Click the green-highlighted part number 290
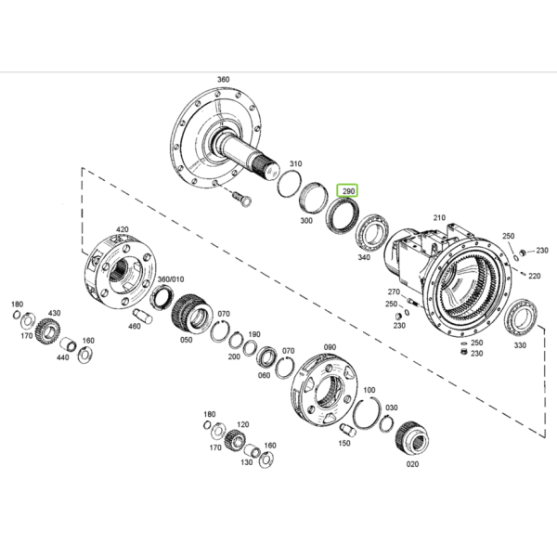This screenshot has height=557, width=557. [348, 191]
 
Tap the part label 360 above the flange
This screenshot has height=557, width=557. [223, 79]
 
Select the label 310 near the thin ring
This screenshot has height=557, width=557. [295, 163]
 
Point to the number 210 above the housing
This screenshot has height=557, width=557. [439, 217]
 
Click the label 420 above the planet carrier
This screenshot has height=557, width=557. [123, 229]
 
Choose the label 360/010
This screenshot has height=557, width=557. [171, 279]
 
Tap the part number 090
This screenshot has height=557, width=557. [330, 347]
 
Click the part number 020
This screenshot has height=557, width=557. [412, 464]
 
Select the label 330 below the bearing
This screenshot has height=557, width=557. [520, 345]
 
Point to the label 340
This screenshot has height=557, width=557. [364, 257]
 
